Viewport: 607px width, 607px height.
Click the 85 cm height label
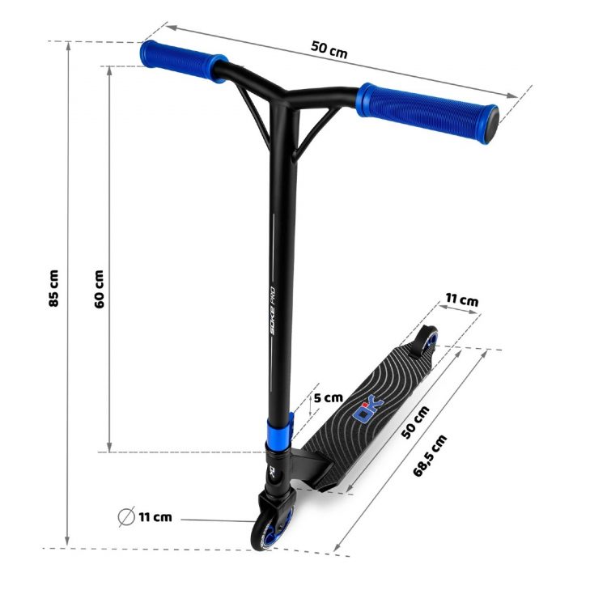53,288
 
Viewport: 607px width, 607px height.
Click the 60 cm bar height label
100,289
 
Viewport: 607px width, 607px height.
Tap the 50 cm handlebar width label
329,49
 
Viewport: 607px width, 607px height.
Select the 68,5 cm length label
430,456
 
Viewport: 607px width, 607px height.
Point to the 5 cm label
329,397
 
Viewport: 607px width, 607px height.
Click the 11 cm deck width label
462,299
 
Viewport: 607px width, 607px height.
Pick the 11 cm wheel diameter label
155,517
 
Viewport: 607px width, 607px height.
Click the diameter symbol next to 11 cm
126,516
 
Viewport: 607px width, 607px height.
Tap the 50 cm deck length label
415,422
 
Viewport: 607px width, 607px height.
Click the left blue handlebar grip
183,62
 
